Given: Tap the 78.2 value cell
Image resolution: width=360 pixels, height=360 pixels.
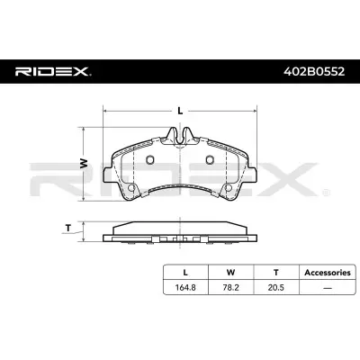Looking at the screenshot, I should (230, 287).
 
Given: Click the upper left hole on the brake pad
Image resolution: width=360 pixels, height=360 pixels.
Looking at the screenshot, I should (150, 161).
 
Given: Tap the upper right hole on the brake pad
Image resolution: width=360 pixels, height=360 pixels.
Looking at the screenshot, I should (209, 161).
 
